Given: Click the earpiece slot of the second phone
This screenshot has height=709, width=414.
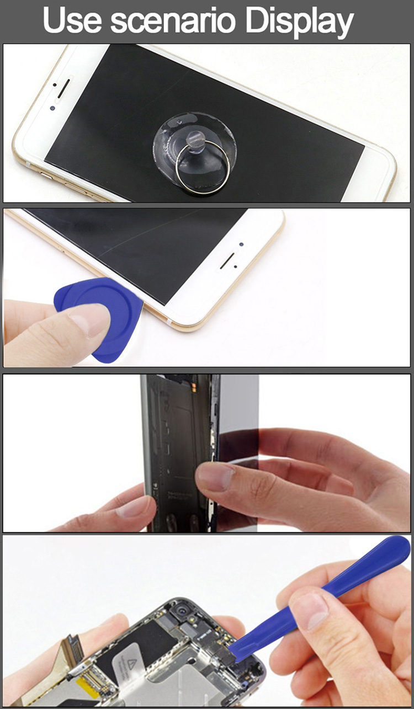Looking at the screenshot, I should (x=228, y=261).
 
